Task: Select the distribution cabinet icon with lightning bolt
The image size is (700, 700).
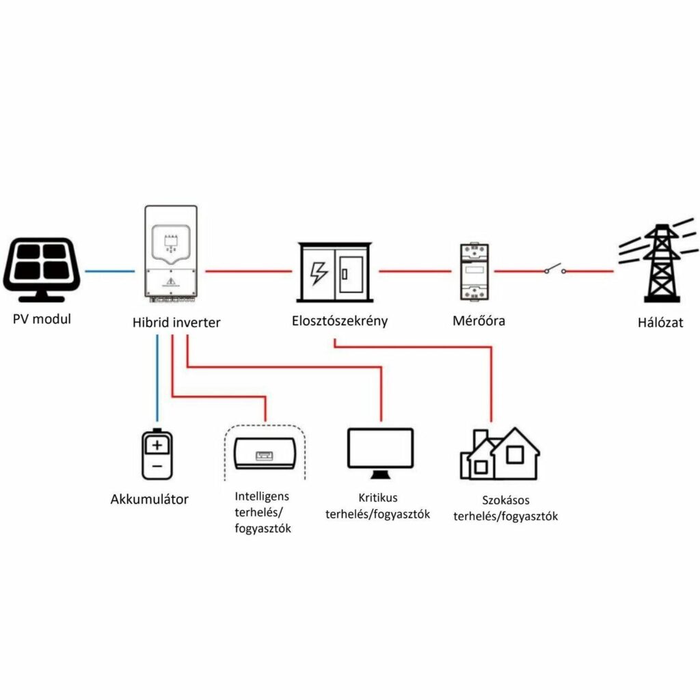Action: click(335, 273)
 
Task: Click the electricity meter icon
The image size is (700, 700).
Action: click(472, 271)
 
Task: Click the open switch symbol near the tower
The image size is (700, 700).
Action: click(555, 269)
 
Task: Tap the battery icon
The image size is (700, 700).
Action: click(157, 455)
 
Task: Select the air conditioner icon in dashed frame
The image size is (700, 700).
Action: click(265, 452)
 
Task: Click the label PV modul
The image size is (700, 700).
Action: click(42, 319)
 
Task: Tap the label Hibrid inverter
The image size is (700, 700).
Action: click(176, 323)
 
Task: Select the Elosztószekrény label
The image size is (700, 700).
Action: click(340, 320)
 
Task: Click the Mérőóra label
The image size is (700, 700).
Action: click(479, 320)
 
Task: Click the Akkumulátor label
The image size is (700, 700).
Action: click(149, 499)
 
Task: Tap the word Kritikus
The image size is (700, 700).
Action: click(377, 498)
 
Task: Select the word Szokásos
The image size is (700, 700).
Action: click(505, 500)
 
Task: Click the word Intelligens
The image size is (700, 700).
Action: click(262, 495)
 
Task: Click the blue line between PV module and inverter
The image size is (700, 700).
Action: click(107, 271)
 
